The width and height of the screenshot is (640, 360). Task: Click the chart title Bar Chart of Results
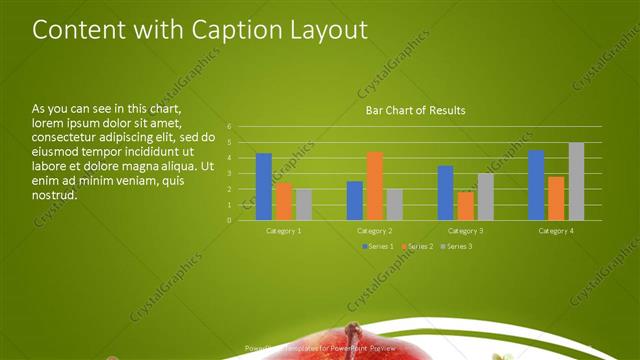415,109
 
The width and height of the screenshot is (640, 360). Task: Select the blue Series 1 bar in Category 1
264,186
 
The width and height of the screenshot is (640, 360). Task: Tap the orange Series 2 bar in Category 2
374,186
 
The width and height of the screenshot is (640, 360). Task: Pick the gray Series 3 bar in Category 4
576,181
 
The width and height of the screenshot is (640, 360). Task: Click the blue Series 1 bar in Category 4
536,185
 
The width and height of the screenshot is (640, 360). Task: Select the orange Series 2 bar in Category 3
465,205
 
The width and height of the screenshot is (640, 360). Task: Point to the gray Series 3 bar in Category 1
303,204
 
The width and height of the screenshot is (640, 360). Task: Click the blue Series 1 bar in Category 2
355,200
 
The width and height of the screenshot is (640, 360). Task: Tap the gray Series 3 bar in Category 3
485,196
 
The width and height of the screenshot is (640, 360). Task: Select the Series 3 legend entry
456,246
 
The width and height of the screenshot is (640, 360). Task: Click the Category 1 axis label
284,231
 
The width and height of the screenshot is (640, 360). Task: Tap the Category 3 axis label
465,231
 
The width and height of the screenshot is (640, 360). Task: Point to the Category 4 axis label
556,231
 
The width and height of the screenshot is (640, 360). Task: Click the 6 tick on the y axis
229,127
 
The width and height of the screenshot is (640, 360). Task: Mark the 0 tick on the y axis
229,220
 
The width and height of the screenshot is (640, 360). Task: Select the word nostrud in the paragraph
55,195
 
